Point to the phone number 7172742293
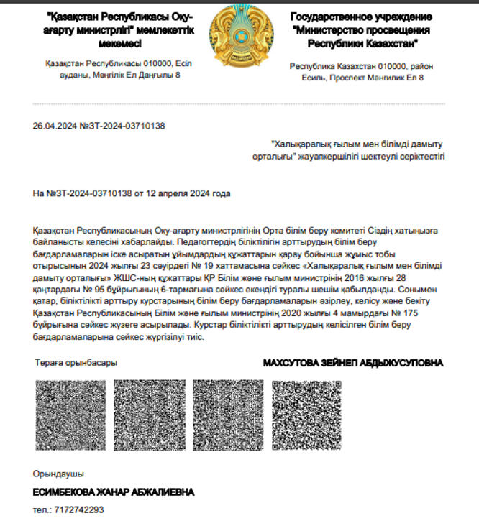(78, 509)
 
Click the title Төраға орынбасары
(76, 363)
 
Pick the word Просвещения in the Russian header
(394, 29)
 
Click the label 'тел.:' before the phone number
(42, 509)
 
